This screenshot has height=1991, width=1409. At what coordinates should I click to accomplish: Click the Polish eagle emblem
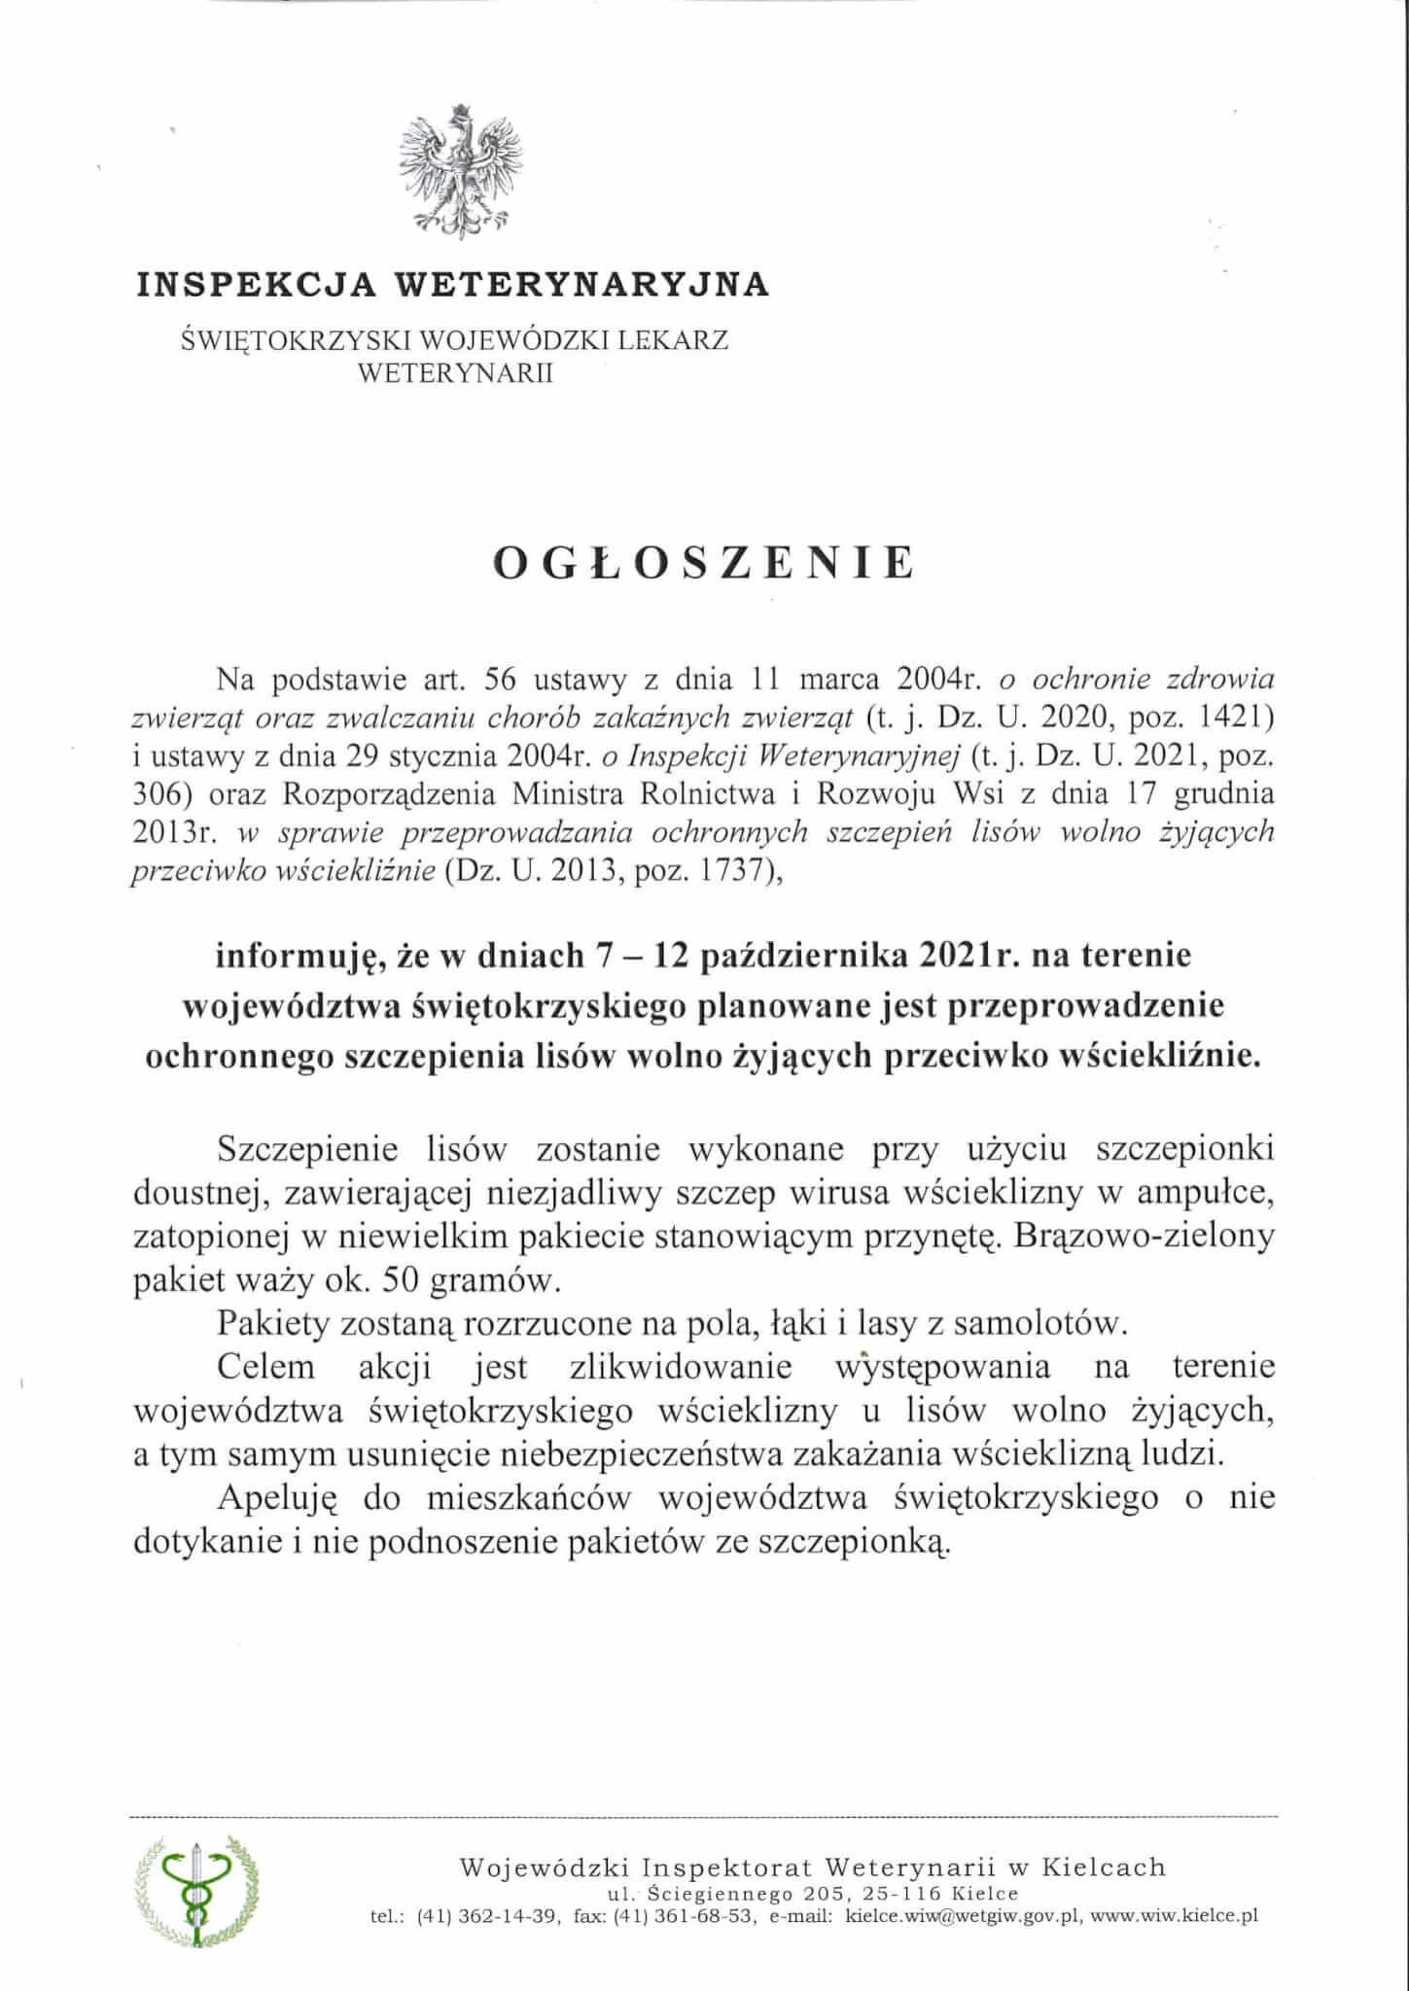pyautogui.click(x=461, y=170)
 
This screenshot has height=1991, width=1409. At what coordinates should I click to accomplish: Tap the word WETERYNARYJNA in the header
pyautogui.click(x=581, y=284)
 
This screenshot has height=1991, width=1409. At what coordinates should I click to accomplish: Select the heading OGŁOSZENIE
pyautogui.click(x=705, y=564)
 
